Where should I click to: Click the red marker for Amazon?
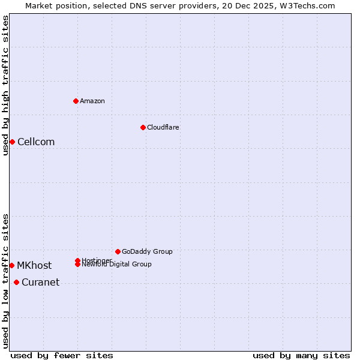[x=76, y=101]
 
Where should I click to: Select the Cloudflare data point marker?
[x=143, y=127]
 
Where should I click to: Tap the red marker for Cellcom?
[x=12, y=142]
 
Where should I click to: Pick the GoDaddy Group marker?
[x=118, y=251]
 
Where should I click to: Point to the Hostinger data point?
[x=78, y=260]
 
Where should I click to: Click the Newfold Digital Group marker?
[x=78, y=265]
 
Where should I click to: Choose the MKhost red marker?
[x=12, y=265]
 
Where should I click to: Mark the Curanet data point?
[x=16, y=283]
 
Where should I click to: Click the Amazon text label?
[x=92, y=101]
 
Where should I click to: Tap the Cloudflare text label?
[x=163, y=127]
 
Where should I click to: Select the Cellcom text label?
[x=36, y=142]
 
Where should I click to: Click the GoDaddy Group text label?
[x=147, y=251]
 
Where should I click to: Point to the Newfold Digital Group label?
[x=117, y=265]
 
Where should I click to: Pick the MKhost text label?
[x=34, y=265]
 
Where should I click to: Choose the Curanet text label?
[x=40, y=283]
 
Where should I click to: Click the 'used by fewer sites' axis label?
[x=62, y=355]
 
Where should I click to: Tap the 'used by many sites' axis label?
[x=301, y=355]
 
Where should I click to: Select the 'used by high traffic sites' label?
[x=5, y=85]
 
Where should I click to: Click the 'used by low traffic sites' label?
[x=5, y=280]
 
